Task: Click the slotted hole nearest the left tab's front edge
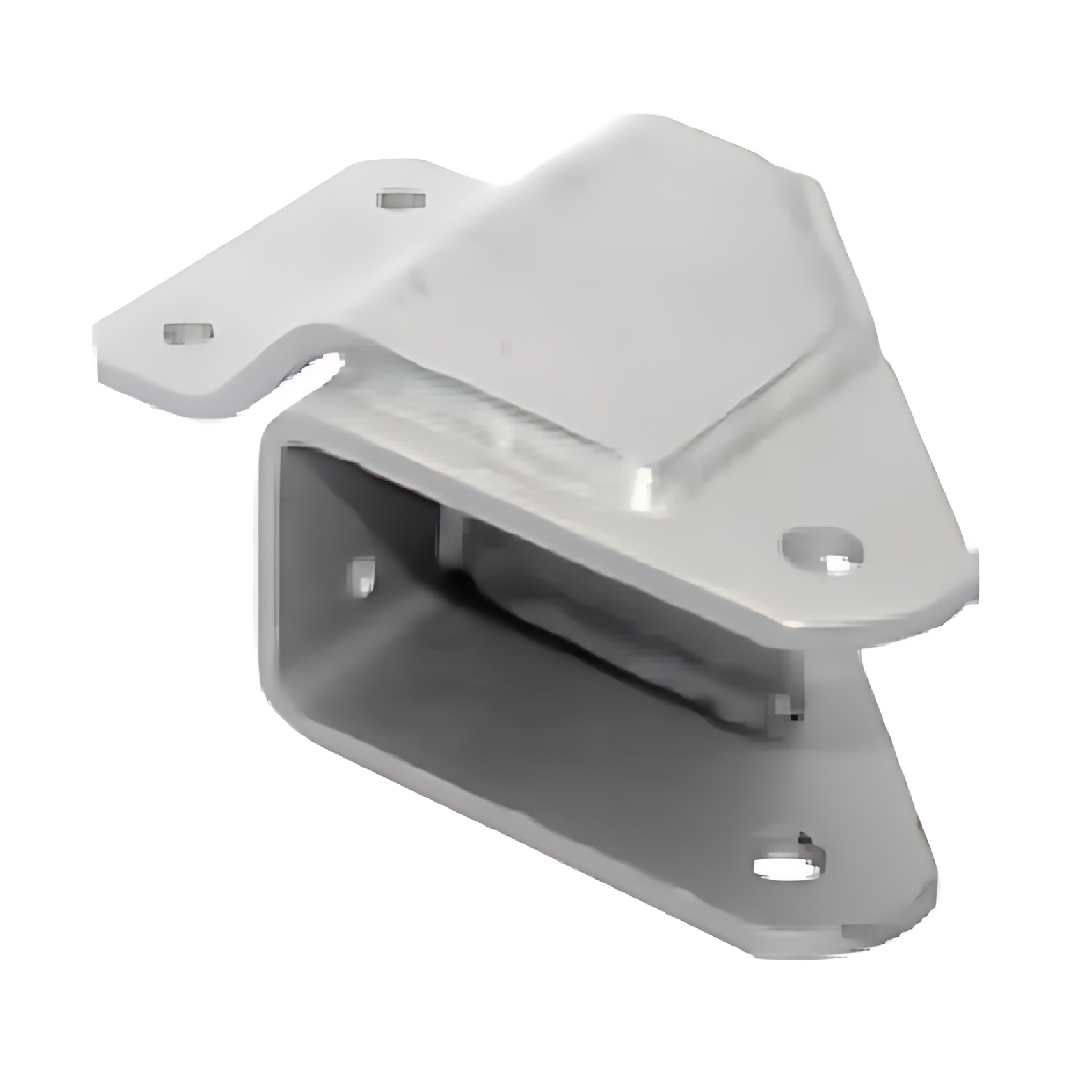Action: [x=187, y=332]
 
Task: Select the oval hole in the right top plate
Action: [x=821, y=549]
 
